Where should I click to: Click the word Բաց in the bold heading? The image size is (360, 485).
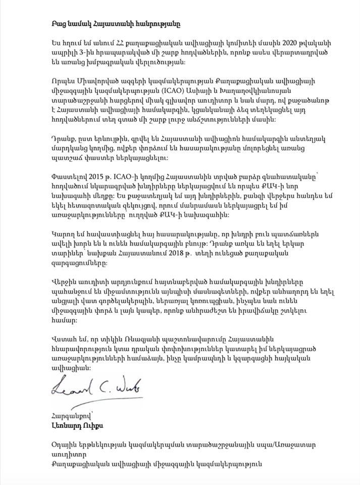tap(59, 23)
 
